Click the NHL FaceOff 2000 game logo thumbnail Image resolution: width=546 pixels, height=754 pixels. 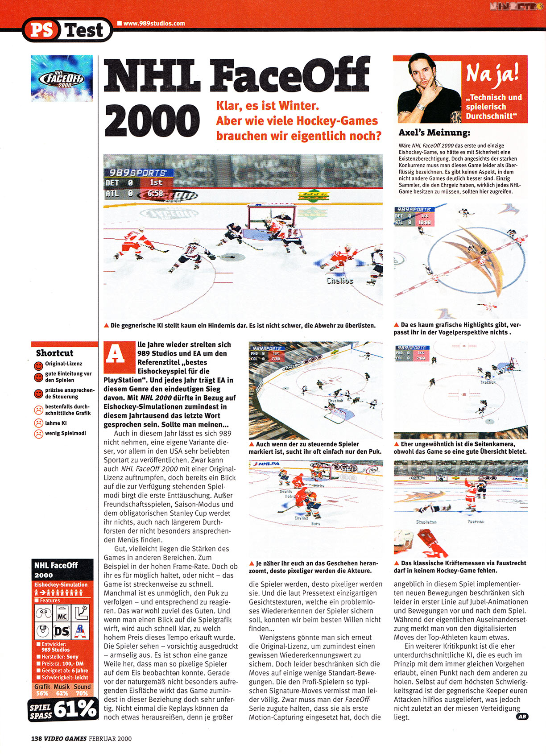pos(62,79)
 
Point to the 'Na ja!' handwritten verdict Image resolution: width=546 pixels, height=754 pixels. pos(492,73)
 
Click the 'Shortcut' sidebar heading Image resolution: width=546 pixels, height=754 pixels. pos(54,353)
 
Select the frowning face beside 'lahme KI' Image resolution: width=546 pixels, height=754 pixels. pos(38,423)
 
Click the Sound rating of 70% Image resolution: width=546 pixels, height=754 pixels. pos(82,693)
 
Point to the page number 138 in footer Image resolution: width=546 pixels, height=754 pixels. pos(36,738)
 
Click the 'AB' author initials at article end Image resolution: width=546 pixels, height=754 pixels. pos(521,717)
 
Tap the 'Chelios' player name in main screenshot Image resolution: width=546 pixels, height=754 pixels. pos(339,281)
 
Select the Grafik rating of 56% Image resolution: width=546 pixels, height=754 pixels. pos(42,693)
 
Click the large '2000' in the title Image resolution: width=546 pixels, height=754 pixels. pos(152,121)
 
